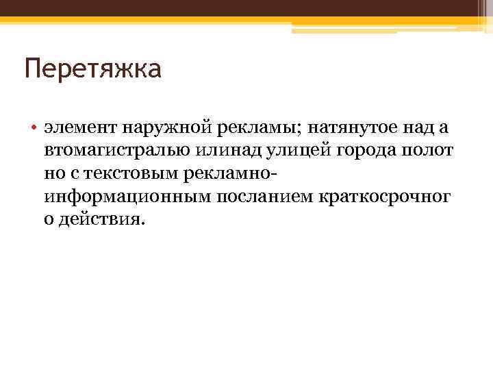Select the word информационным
point(128,197)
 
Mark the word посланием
point(265,197)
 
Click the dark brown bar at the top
point(246,8)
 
